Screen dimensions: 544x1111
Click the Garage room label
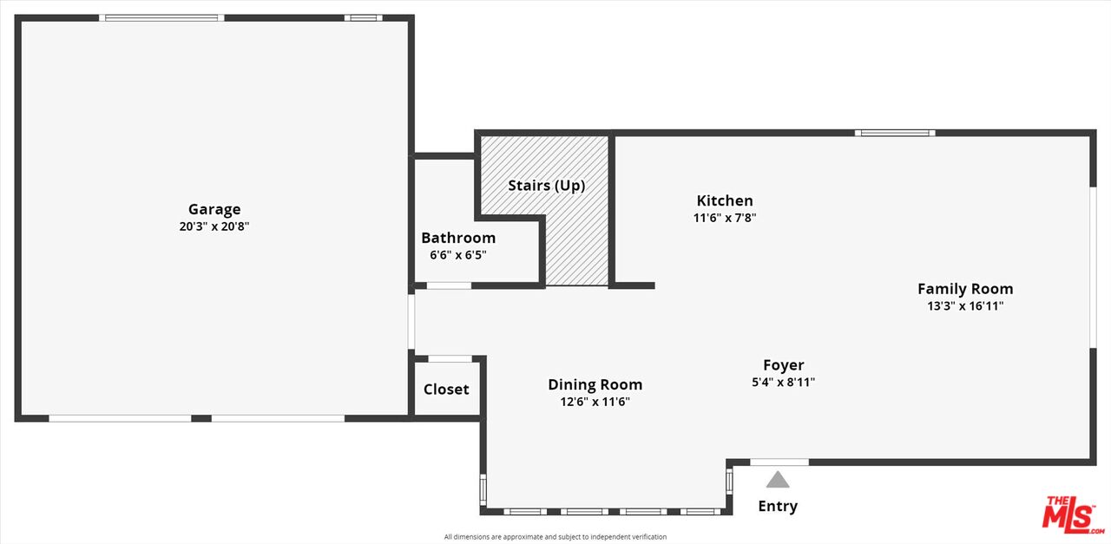(x=214, y=209)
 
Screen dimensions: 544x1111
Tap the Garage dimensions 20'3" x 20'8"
(x=214, y=226)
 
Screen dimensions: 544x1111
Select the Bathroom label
(x=458, y=238)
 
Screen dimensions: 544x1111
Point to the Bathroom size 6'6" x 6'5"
(x=458, y=255)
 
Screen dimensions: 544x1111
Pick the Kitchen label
(x=725, y=200)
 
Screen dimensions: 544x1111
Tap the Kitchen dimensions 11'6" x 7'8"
(x=725, y=219)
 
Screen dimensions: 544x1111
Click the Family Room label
(x=965, y=289)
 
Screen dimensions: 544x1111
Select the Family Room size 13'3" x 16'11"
(x=965, y=306)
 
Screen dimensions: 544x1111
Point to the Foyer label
(x=783, y=365)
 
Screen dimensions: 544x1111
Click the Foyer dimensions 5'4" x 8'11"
(x=783, y=383)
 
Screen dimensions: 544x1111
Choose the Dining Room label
(x=595, y=384)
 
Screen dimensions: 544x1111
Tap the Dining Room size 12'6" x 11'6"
(x=595, y=402)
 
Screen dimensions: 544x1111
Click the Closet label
(x=446, y=390)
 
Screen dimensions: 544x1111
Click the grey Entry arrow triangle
(x=778, y=480)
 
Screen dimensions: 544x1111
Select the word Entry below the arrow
(x=778, y=507)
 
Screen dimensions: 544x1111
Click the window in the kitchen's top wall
(x=894, y=133)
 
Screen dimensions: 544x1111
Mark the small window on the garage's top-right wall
(x=363, y=17)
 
